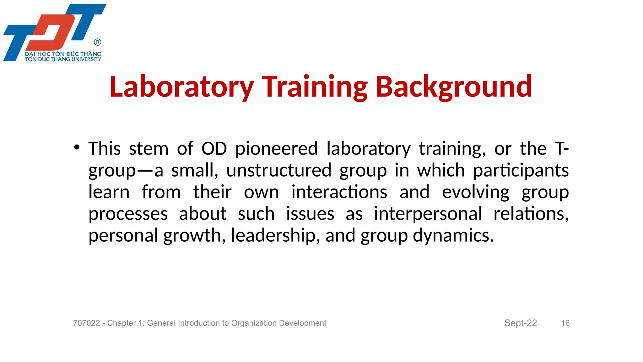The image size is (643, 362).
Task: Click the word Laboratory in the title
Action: point(181,87)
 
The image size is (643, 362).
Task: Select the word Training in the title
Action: point(315,87)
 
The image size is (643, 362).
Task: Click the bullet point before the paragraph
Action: point(77,147)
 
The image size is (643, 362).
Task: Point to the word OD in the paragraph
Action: point(214,149)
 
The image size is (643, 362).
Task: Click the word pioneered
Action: point(276,149)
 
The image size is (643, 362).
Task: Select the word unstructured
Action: point(279,171)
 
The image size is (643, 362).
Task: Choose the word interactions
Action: point(339,192)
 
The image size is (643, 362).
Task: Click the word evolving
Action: point(475,193)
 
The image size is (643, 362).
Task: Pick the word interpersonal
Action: point(428,214)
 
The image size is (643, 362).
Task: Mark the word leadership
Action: point(273,236)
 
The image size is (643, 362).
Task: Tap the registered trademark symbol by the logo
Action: point(98,42)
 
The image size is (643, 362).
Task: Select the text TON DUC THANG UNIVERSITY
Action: point(63,59)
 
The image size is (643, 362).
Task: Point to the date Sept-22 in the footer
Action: point(520,323)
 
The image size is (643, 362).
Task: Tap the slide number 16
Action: point(565,323)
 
